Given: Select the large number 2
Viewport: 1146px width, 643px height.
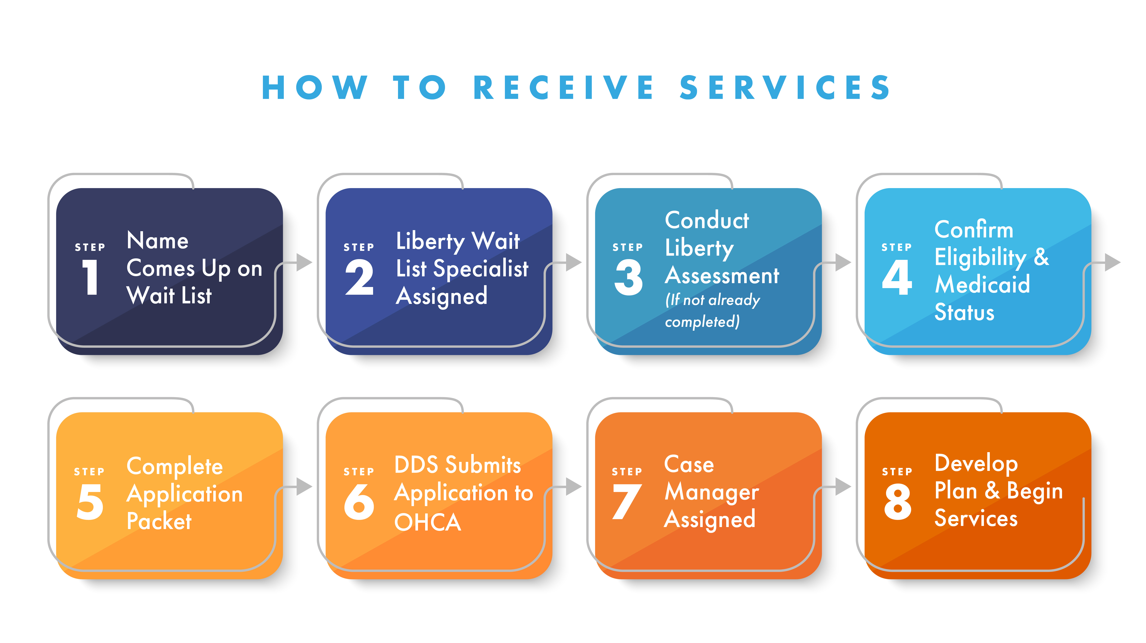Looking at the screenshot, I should point(359,277).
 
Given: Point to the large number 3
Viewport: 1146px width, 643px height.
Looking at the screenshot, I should point(628,277).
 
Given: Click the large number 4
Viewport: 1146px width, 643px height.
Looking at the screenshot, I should point(897,277).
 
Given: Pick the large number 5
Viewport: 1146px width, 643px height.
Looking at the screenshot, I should point(90,501).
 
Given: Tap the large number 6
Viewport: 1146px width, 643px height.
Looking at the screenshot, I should point(359,501).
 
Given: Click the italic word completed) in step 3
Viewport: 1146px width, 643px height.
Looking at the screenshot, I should point(702,321).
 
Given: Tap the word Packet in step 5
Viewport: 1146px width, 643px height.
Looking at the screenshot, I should point(159,521).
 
